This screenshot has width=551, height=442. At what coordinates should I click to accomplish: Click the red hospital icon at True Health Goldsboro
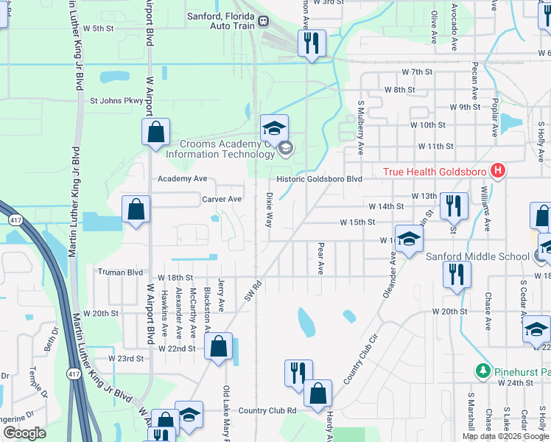pos(499,172)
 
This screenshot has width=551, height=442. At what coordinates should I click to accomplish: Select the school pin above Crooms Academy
pos(274,129)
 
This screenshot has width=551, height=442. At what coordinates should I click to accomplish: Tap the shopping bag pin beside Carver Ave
pos(136,210)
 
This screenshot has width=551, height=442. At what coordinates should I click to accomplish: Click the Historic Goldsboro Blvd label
pos(319,179)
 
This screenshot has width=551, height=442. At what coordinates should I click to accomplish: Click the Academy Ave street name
pos(183,178)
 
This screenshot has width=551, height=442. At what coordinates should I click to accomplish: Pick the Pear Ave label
pos(320,259)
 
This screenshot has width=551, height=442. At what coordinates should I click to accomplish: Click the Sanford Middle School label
pos(478,256)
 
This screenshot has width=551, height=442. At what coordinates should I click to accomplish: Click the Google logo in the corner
pos(24,433)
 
